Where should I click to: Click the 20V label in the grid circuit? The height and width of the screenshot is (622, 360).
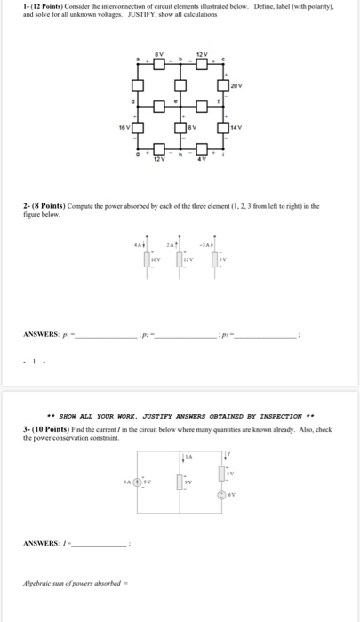(x=236, y=86)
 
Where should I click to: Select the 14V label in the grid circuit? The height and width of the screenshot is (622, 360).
(x=236, y=128)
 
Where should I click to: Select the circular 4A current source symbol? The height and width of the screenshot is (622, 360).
(x=137, y=483)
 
